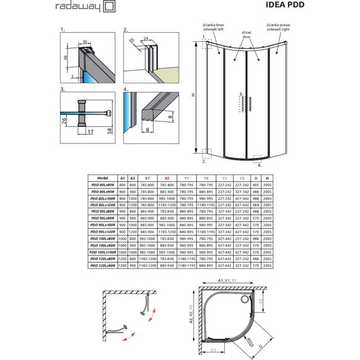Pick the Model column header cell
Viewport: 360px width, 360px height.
(100, 179)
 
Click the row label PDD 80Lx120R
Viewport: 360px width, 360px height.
(100, 205)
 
